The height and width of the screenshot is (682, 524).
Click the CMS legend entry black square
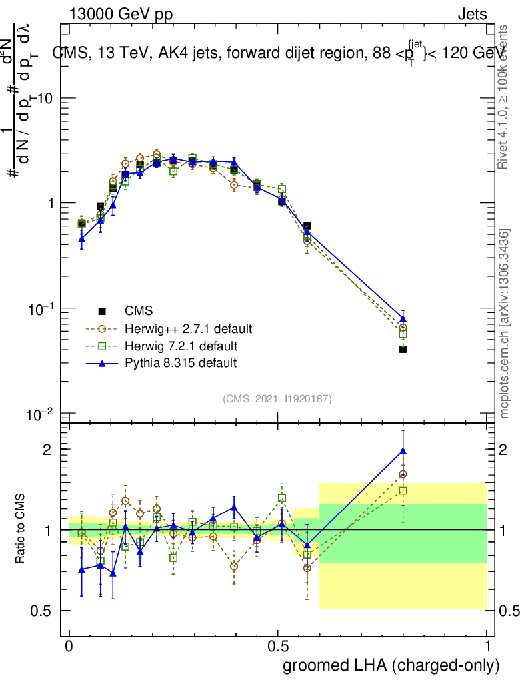[x=102, y=311]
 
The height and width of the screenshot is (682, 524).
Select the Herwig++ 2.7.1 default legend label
[x=188, y=329]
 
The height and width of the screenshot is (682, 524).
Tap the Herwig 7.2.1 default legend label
[x=181, y=346]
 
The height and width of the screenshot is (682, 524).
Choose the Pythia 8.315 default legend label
[x=180, y=364]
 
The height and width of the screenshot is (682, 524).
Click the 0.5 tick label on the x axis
[x=278, y=647]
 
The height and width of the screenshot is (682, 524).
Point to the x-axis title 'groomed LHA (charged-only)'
[x=392, y=665]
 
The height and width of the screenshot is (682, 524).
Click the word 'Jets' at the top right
[x=472, y=14]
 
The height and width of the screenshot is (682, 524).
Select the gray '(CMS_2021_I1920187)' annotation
[x=277, y=399]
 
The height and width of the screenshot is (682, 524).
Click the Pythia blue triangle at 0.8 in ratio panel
[x=403, y=451]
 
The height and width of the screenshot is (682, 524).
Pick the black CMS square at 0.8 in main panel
[x=403, y=349]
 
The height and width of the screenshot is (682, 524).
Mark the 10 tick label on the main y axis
[x=43, y=98]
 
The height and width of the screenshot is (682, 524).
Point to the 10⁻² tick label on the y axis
[x=41, y=415]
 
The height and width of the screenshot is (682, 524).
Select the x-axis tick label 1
[x=487, y=647]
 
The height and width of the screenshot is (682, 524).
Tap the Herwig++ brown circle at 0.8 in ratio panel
[x=403, y=474]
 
